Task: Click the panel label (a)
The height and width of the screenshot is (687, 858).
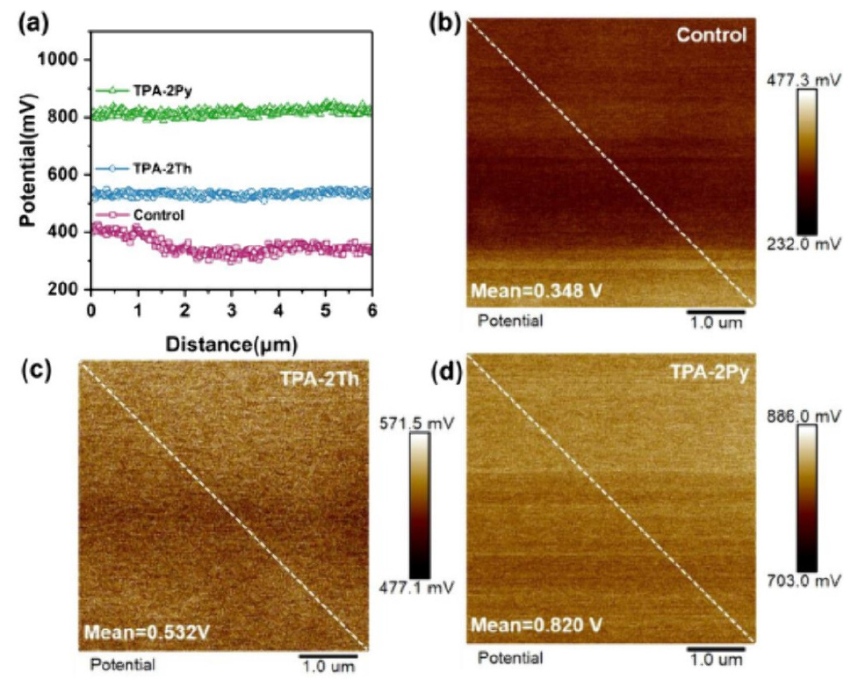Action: click(x=34, y=25)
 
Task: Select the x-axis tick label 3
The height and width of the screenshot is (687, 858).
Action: click(x=232, y=310)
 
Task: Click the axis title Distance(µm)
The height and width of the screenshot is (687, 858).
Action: click(x=232, y=345)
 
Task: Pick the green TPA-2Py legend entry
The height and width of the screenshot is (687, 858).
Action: click(x=144, y=90)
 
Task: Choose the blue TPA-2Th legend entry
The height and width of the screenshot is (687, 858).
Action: click(x=144, y=169)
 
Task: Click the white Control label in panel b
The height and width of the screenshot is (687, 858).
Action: click(x=711, y=35)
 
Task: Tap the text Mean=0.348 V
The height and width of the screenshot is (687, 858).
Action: click(x=537, y=290)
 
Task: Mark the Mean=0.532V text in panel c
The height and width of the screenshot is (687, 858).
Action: click(x=147, y=633)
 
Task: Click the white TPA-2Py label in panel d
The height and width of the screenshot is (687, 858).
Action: click(x=710, y=372)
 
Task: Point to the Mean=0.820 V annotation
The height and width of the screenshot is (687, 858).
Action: click(x=537, y=625)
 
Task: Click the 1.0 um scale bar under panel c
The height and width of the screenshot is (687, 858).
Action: click(x=328, y=655)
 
